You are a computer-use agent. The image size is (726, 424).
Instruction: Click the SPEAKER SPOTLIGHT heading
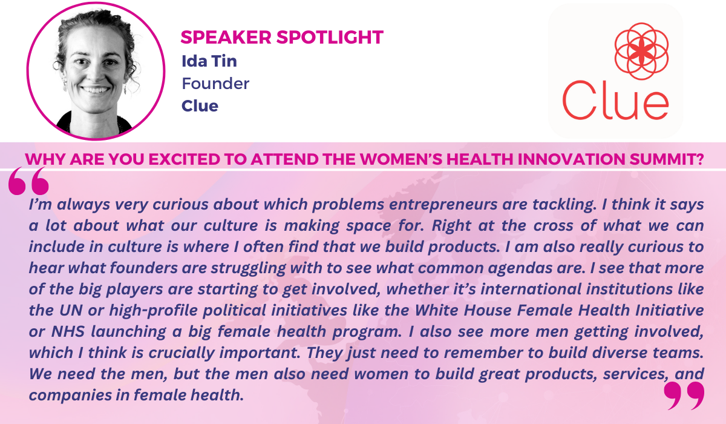[x=282, y=37]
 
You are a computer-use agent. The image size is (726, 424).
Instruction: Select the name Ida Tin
[x=209, y=61]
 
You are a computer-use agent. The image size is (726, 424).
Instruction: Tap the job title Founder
[x=215, y=84]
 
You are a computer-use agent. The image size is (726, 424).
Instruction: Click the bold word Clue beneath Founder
[x=200, y=106]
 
